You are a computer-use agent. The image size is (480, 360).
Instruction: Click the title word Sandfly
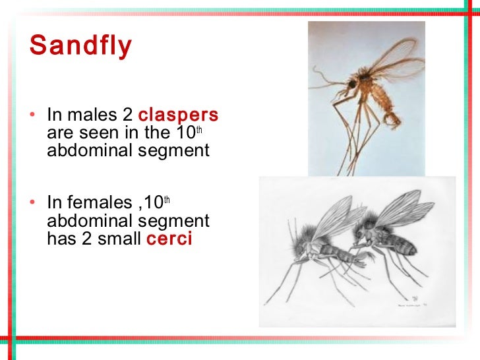pos(81,46)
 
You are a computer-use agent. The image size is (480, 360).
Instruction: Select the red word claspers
pos(178,115)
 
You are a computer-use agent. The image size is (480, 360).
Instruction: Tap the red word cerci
pos(169,239)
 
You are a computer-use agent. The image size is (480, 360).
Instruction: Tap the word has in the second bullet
pos(61,239)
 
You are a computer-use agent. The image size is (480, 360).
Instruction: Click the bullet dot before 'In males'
pos(33,115)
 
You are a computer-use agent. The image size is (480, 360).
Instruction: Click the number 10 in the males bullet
pos(187,133)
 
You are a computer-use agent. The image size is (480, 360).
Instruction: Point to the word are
pos(60,133)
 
